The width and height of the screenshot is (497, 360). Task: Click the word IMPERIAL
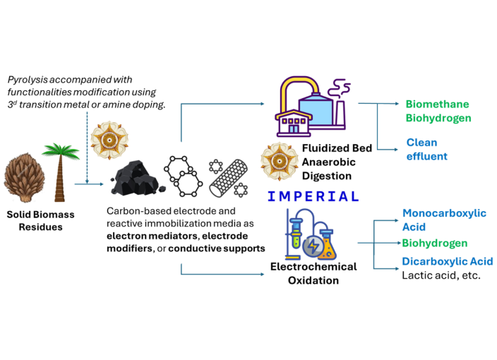tap(309, 196)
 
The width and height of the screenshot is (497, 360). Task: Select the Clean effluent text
tap(426, 149)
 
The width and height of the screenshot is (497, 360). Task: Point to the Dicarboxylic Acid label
tap(447, 261)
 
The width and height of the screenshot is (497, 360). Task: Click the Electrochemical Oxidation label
tap(313, 273)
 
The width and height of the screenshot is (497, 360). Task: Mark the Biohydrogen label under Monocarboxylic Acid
tap(434, 244)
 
